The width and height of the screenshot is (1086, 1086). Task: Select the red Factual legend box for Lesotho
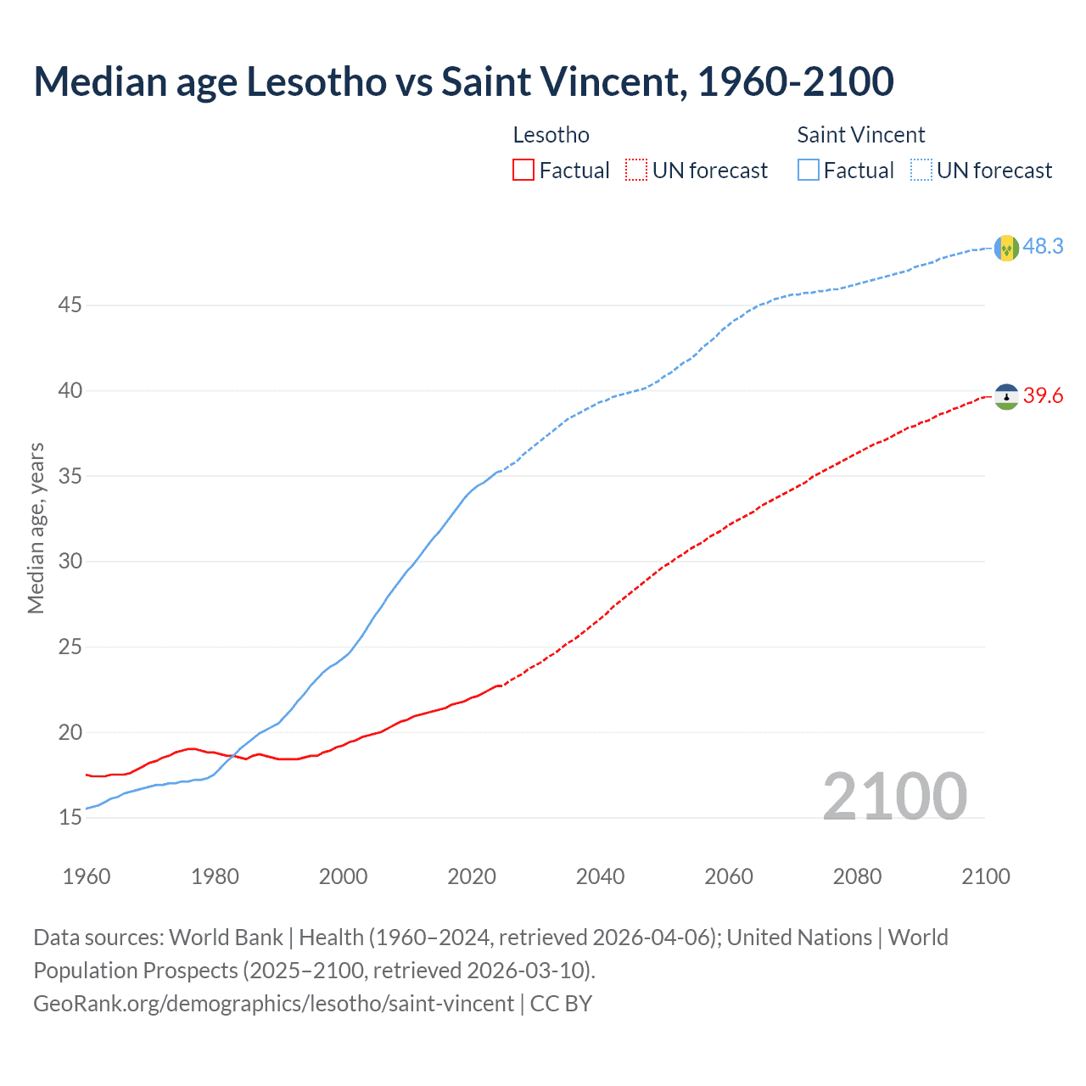tap(523, 171)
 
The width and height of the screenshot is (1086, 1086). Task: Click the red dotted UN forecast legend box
tap(636, 171)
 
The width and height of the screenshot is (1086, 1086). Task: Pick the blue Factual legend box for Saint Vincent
tap(809, 171)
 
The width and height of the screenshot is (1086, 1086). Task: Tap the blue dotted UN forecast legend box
tap(921, 171)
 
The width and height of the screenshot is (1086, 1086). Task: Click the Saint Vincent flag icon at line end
tap(1006, 248)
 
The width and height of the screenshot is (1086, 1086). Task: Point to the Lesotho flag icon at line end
tap(1006, 396)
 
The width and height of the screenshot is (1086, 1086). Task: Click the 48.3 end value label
tap(1043, 246)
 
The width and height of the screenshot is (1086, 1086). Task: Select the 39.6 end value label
tap(1043, 395)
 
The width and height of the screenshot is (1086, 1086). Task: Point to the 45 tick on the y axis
tap(70, 305)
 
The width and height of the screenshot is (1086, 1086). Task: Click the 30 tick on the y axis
tap(70, 561)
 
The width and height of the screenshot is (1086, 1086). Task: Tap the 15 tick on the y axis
tap(70, 817)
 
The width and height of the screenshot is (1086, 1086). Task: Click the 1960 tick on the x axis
tap(87, 876)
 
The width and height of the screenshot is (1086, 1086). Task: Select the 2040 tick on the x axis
tap(600, 876)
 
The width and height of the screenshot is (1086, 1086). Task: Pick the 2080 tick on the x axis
tap(857, 876)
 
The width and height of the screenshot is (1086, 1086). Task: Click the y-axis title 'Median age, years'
tap(36, 528)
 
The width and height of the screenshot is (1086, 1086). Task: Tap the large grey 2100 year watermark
tap(894, 797)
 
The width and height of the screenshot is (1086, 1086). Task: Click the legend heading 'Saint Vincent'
tap(860, 135)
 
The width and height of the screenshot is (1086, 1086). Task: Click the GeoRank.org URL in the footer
tap(273, 1004)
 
